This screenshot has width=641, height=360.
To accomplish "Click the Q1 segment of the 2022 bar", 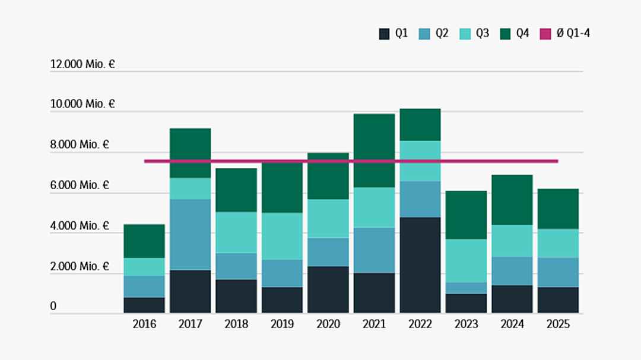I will [x=420, y=265].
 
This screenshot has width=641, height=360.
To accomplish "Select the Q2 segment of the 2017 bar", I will [x=190, y=234].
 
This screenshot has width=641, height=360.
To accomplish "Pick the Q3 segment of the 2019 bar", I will [x=282, y=236].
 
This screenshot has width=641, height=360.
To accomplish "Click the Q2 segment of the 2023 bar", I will [x=466, y=288].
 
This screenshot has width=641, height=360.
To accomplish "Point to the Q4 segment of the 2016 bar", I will [x=144, y=241].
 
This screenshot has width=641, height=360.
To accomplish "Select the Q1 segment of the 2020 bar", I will [x=328, y=289].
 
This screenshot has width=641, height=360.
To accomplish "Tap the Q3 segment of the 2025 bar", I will [x=558, y=243].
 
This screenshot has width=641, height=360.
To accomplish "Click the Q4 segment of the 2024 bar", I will [x=512, y=199].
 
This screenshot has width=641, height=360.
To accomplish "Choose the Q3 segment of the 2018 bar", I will [x=236, y=232].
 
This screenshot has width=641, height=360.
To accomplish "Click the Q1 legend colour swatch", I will [x=385, y=34].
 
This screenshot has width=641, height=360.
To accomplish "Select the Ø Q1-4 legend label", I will [x=573, y=34].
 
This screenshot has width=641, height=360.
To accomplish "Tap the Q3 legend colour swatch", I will [x=465, y=34].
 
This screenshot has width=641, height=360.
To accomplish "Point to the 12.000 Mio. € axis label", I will [x=82, y=64].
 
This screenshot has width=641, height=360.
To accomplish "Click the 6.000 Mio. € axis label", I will [x=80, y=186].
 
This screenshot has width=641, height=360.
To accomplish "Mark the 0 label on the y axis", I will [x=53, y=307].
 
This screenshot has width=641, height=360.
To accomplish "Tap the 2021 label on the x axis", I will [x=374, y=324].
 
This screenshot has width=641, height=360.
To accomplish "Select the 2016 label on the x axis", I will [x=144, y=324].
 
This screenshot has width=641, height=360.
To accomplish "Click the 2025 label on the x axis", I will [x=558, y=324].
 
